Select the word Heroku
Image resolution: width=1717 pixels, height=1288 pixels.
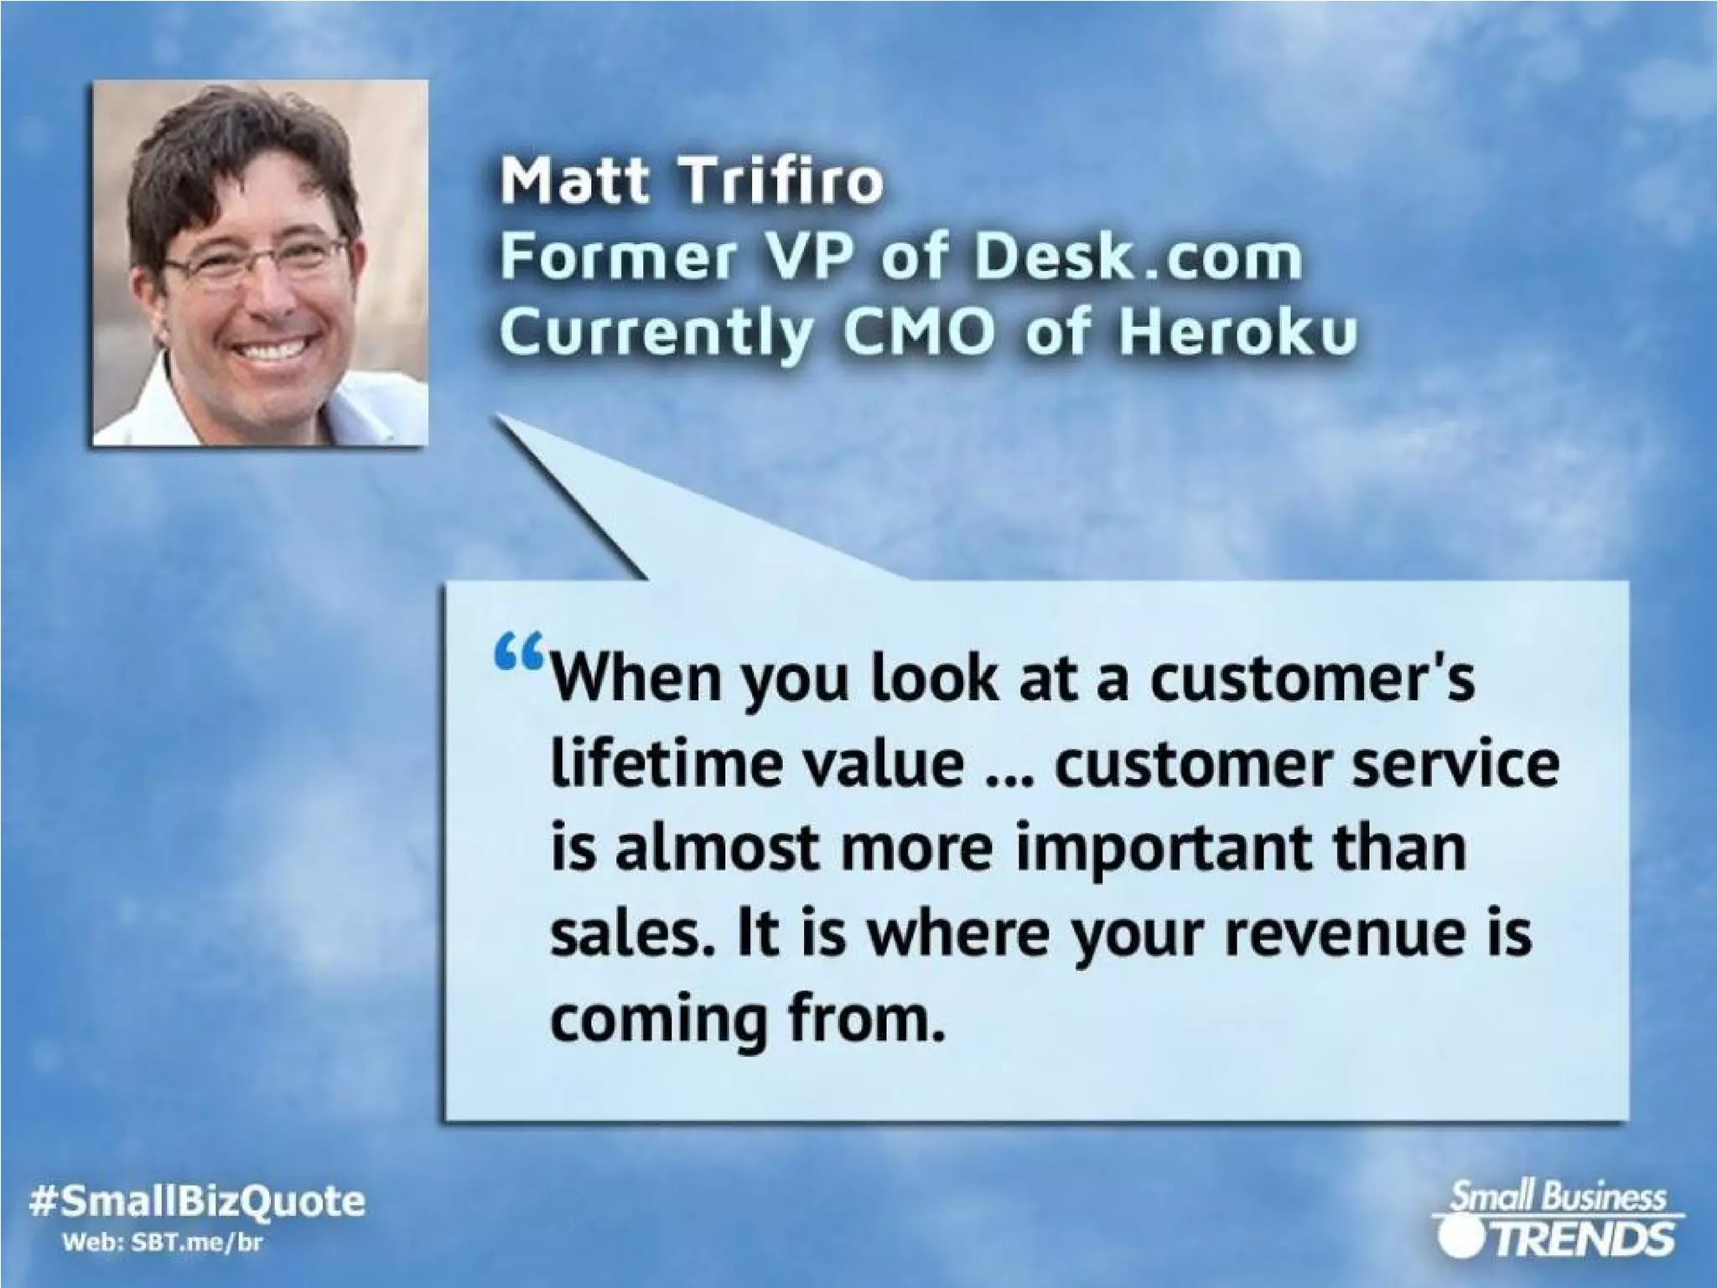[1237, 334]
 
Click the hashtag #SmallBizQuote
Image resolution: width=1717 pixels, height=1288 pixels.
[197, 1202]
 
